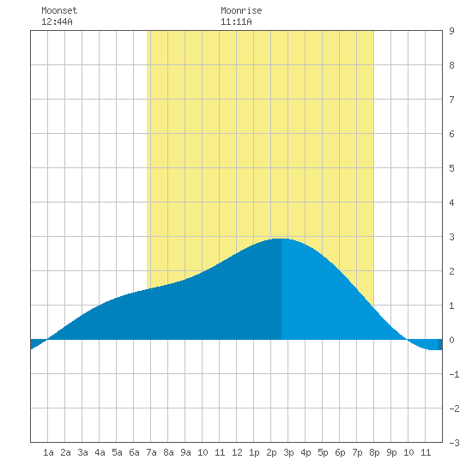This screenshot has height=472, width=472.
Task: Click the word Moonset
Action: pos(59,10)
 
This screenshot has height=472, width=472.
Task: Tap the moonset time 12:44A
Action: pos(57,21)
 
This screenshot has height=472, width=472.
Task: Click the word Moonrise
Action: pos(241,10)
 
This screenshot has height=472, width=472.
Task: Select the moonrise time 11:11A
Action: pos(236,21)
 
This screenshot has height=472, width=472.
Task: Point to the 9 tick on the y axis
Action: pos(451,31)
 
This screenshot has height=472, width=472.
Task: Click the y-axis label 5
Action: pos(451,168)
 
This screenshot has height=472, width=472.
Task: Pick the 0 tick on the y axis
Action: pos(451,340)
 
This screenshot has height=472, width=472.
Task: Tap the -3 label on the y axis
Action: pos(454,443)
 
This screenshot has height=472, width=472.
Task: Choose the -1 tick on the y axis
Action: pos(454,374)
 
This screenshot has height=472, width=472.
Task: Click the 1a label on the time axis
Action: pos(48,452)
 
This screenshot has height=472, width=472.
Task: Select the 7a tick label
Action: pos(151,452)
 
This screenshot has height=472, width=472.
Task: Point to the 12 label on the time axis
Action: pos(237,452)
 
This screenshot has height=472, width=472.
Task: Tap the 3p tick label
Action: pos(288,452)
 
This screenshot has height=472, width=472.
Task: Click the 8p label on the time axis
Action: pos(374,452)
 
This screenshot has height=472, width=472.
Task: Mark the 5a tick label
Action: pos(117,452)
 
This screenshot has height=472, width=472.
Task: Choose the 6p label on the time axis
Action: pos(340,452)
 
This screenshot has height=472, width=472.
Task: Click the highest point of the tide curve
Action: pos(281,239)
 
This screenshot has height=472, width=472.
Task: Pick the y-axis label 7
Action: pos(451,100)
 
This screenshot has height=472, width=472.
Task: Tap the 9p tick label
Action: pos(391,452)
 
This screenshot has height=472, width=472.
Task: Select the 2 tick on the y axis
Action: pos(451,271)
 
